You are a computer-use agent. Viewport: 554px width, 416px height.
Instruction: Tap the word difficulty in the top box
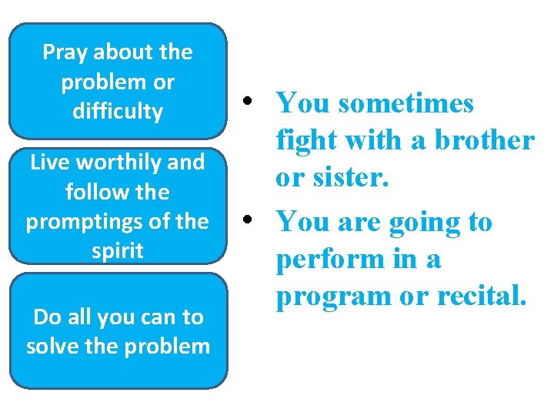(118, 112)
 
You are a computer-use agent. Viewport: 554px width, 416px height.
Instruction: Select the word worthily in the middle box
(116, 163)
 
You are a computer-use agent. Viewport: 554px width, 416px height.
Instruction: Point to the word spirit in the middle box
(118, 251)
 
